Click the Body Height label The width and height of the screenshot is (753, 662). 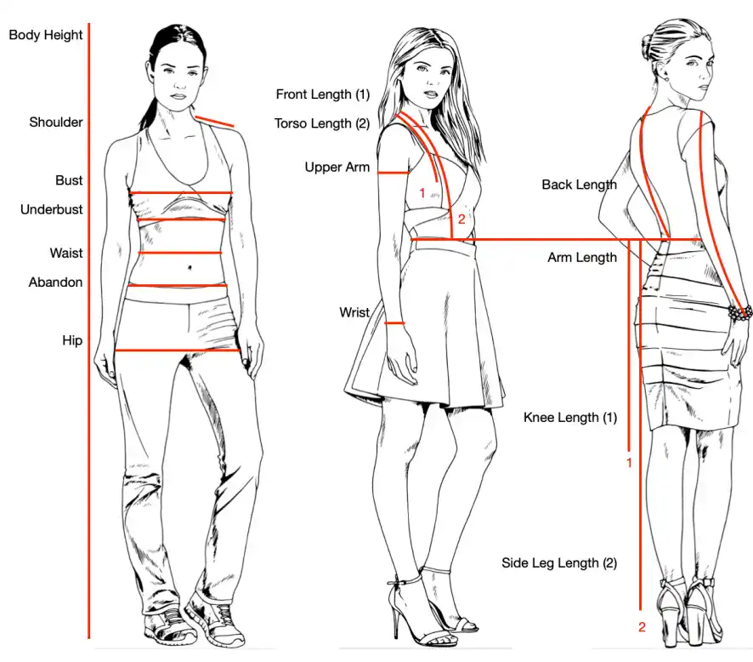(x=46, y=35)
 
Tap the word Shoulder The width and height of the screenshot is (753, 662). (x=56, y=123)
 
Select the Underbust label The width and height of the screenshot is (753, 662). (x=51, y=209)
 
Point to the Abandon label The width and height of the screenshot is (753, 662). (x=55, y=282)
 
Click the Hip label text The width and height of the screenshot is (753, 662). (x=72, y=341)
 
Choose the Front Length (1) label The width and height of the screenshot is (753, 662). (x=323, y=94)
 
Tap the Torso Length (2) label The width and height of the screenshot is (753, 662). (x=322, y=123)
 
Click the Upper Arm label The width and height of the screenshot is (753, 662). (x=337, y=168)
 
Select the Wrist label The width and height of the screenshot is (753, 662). (x=354, y=312)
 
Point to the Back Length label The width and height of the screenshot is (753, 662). (x=579, y=185)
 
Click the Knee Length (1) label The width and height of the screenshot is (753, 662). (x=570, y=417)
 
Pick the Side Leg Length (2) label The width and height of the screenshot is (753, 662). (x=559, y=563)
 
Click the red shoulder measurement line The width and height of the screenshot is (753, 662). (x=214, y=122)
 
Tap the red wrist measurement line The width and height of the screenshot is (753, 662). (x=394, y=323)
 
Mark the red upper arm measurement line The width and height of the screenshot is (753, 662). (x=393, y=173)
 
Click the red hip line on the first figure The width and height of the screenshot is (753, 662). (x=178, y=351)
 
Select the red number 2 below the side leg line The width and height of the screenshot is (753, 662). (x=642, y=627)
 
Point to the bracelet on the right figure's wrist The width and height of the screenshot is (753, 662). (x=739, y=312)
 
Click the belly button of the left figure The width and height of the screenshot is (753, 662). (x=190, y=267)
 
